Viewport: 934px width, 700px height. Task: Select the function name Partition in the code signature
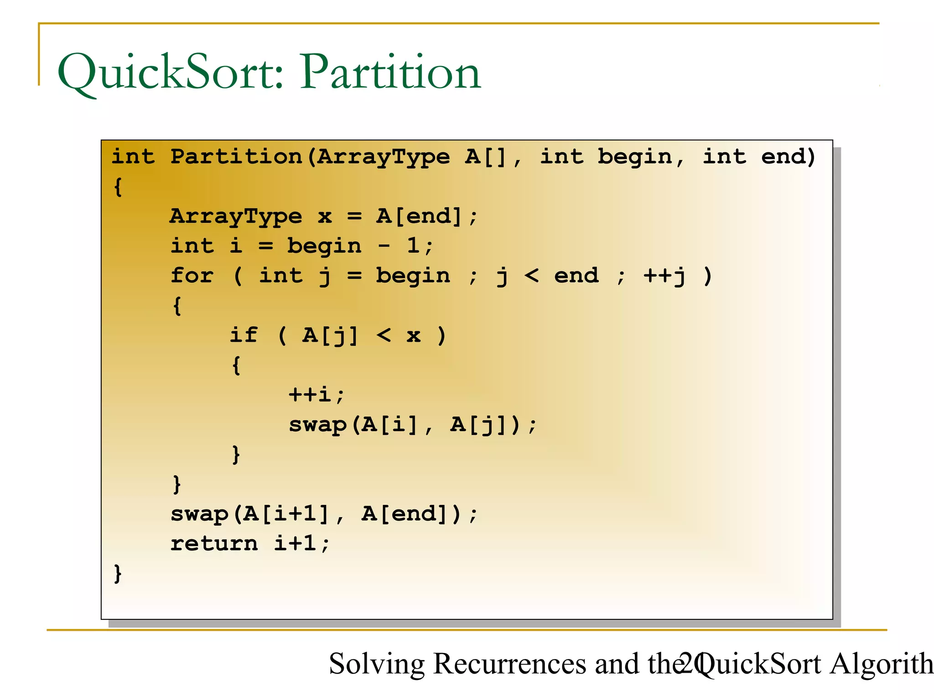click(x=236, y=157)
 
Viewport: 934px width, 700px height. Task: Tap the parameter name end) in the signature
click(x=788, y=157)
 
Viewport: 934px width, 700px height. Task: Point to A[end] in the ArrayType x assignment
click(x=420, y=216)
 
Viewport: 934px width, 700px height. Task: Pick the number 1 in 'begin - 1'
click(x=413, y=246)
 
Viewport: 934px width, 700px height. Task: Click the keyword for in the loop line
click(x=192, y=276)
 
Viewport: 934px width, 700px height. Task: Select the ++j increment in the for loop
click(x=664, y=276)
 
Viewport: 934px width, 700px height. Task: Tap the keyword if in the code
click(x=244, y=335)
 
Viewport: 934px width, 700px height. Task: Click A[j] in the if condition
click(x=330, y=336)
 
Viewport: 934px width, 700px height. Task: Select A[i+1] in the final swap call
click(x=286, y=514)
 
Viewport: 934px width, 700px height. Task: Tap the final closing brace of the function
click(x=118, y=573)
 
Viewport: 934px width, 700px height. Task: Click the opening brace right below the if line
click(x=236, y=365)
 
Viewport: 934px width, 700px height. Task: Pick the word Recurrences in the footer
click(x=509, y=664)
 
